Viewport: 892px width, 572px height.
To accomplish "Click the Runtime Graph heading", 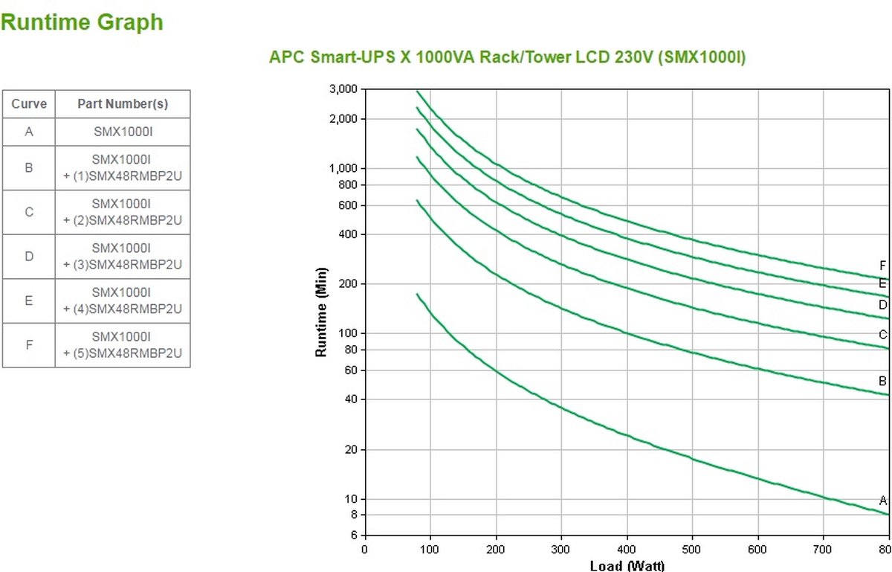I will [x=82, y=22].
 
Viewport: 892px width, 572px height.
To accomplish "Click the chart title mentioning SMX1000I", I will [x=507, y=57].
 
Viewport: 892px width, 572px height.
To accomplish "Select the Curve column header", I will [x=29, y=104].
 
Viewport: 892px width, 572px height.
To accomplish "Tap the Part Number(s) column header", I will [x=123, y=104].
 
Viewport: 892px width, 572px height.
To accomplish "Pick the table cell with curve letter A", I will [x=29, y=132].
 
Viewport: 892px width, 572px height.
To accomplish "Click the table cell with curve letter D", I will [x=29, y=257].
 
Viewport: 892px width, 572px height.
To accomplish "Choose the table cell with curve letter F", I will [x=29, y=345].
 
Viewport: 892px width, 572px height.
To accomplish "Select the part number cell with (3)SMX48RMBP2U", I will [x=123, y=257].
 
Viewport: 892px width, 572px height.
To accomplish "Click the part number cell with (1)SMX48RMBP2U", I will [x=123, y=168].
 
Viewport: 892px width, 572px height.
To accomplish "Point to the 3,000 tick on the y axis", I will [x=343, y=89].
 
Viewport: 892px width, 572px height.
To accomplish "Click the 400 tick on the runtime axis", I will [x=349, y=234].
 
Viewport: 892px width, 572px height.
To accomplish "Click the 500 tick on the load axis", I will [x=692, y=550].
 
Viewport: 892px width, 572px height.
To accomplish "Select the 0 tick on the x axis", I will [x=364, y=550].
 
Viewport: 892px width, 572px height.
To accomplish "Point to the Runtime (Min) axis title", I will [x=322, y=311].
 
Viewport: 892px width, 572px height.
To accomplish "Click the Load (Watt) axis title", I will [x=627, y=566].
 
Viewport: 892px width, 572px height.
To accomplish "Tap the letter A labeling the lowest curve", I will [x=883, y=501].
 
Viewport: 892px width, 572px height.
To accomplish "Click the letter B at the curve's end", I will [x=883, y=382].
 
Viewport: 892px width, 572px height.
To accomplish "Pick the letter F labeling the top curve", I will [x=883, y=266].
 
